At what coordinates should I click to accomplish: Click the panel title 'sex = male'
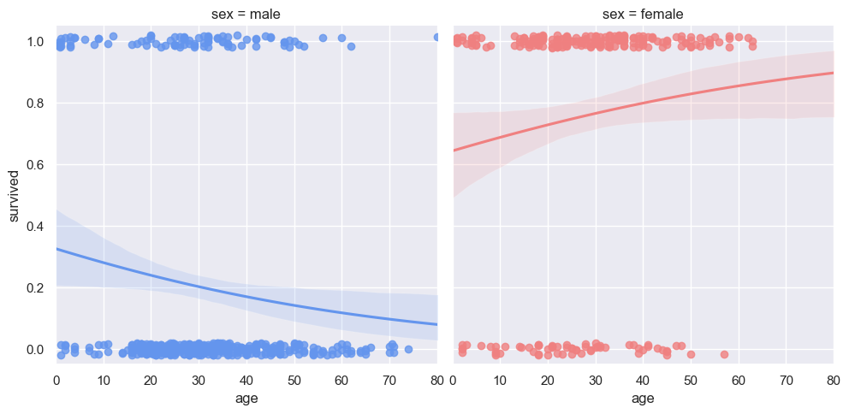246,14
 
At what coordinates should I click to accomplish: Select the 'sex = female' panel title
642,14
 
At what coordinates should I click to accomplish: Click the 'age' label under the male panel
246,398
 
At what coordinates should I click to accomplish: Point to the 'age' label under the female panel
643,398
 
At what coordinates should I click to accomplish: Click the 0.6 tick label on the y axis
34,165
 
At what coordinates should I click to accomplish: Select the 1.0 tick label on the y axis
34,42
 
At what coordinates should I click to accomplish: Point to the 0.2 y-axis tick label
34,288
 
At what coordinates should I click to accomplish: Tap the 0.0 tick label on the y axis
34,350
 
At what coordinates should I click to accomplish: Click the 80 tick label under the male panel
436,380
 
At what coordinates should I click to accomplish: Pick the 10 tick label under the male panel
104,380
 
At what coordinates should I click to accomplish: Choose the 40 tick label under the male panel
246,380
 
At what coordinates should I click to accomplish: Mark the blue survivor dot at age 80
437,38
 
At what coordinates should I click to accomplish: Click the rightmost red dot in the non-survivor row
724,354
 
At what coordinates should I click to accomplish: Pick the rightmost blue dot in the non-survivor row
408,349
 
